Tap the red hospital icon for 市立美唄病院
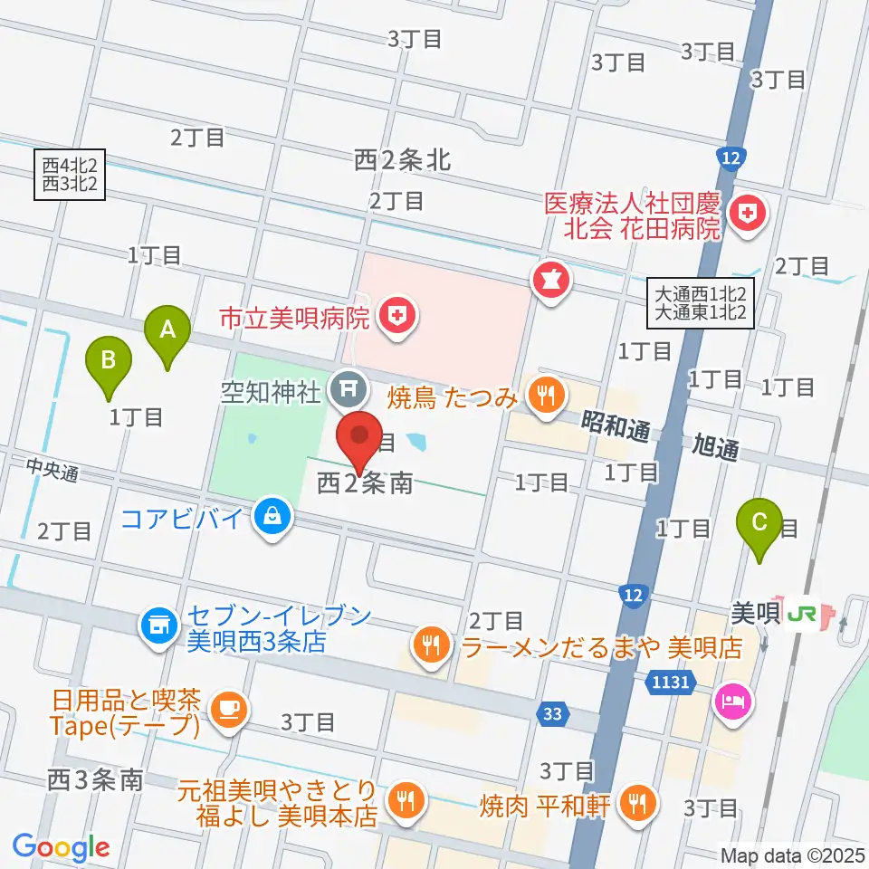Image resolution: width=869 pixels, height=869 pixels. tap(395, 316)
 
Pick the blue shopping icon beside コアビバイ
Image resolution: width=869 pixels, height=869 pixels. tap(270, 518)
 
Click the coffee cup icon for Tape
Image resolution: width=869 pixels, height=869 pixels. tap(224, 707)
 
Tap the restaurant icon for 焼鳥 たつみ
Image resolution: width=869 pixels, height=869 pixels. tap(545, 396)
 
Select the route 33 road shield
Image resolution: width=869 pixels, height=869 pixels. tap(553, 715)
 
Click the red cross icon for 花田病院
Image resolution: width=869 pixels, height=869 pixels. tap(750, 214)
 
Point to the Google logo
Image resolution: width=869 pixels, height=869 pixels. tap(62, 847)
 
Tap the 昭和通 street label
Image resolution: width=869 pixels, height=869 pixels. tap(616, 430)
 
